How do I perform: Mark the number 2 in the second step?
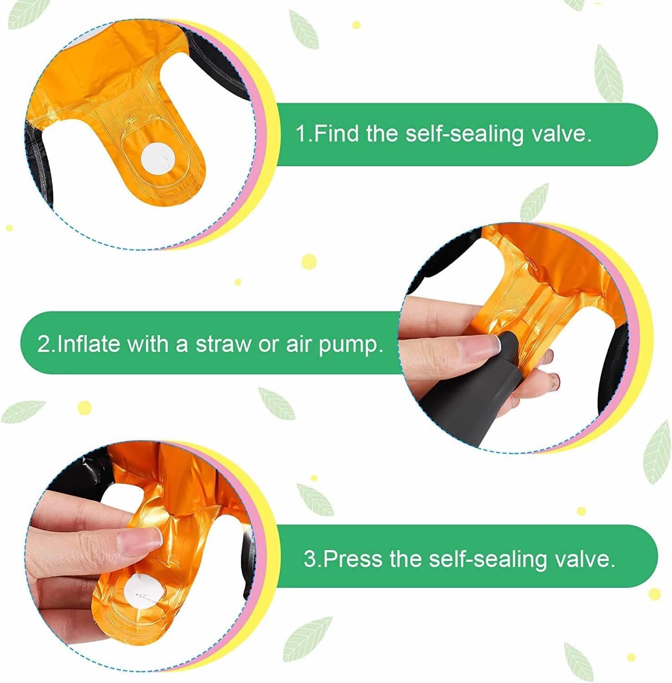click(x=44, y=344)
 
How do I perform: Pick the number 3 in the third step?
click(x=310, y=559)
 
